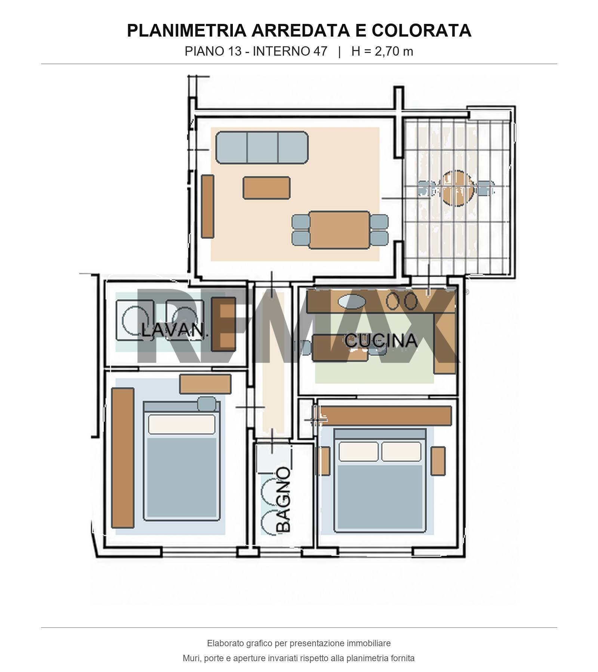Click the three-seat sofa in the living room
pyautogui.click(x=262, y=147)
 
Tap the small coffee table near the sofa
pyautogui.click(x=266, y=188)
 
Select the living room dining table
pyautogui.click(x=339, y=230)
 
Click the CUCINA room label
pyautogui.click(x=381, y=340)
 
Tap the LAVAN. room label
pyautogui.click(x=174, y=331)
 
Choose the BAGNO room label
pyautogui.click(x=283, y=499)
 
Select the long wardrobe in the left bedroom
pyautogui.click(x=123, y=458)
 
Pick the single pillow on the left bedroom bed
pyautogui.click(x=182, y=424)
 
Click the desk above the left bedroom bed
pyautogui.click(x=205, y=384)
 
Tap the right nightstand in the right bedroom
pyautogui.click(x=438, y=461)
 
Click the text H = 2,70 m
pyautogui.click(x=382, y=51)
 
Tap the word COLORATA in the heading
pyautogui.click(x=421, y=30)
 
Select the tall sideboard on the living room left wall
pyautogui.click(x=208, y=206)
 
